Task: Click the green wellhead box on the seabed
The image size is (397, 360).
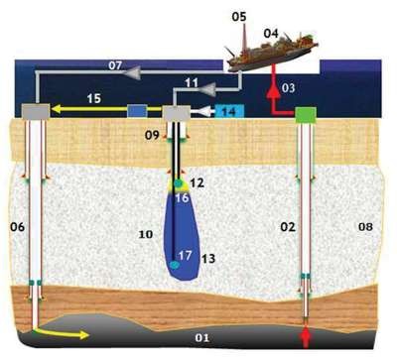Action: (x=306, y=114)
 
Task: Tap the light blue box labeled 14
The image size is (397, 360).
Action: (x=229, y=111)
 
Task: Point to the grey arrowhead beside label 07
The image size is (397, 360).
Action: (x=131, y=73)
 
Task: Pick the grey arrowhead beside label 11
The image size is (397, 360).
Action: (x=207, y=89)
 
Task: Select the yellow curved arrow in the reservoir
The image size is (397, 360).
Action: (x=63, y=333)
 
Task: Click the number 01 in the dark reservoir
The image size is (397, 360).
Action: (x=202, y=338)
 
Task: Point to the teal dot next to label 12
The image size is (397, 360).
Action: (x=179, y=182)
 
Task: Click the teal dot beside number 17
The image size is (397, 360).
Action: (x=174, y=265)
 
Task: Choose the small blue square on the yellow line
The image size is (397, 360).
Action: (x=137, y=111)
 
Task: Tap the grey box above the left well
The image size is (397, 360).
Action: (x=36, y=111)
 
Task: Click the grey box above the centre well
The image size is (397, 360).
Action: (x=177, y=113)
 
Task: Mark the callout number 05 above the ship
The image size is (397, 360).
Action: (x=239, y=17)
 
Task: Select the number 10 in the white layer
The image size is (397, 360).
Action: (x=146, y=234)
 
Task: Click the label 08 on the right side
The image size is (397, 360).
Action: (x=365, y=227)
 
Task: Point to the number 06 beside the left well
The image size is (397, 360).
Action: (x=18, y=227)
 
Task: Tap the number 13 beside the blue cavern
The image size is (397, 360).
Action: (x=208, y=258)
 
